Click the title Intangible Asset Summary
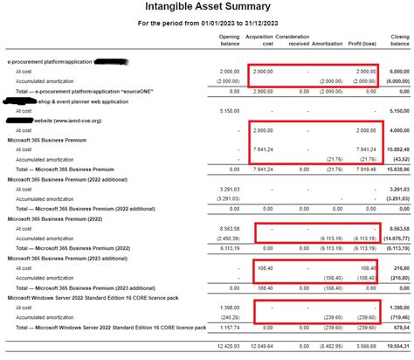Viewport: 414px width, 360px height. tap(206, 9)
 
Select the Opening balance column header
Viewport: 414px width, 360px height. tap(229, 43)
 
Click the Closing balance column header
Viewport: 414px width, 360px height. tap(399, 43)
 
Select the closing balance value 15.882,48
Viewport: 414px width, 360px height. tap(397, 149)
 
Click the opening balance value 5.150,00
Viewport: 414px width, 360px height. tap(227, 112)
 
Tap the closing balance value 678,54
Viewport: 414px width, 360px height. tap(401, 328)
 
